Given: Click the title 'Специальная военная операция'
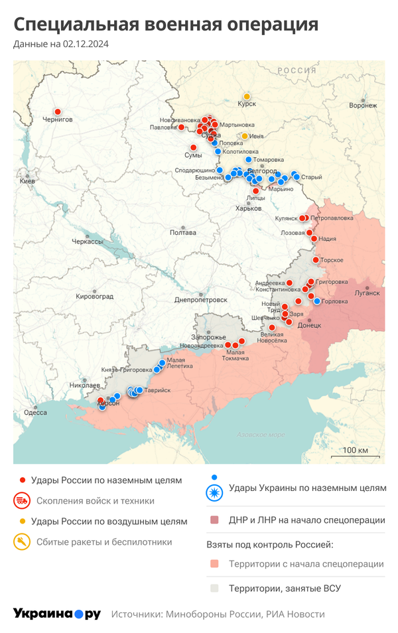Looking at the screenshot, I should coord(166,25).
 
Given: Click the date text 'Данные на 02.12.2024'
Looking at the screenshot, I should coord(61,44).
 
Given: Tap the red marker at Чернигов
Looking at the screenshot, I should coord(58,111).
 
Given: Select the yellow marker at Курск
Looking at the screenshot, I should coord(247,96).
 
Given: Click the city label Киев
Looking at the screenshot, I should coord(28,180).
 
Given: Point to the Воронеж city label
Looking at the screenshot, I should coord(362,105).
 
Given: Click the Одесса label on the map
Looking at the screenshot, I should coord(35,412).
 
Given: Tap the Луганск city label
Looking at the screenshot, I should coord(367,292).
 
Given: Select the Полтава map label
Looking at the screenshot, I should coord(183,233).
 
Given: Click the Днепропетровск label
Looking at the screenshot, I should coord(200,299).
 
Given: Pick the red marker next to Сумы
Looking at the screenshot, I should coord(194,147).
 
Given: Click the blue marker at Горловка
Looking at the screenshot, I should coord(317,301).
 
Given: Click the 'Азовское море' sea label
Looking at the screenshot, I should coord(261,435).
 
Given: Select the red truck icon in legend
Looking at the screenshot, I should coord(22,501).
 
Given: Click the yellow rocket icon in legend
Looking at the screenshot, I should coord(22,542).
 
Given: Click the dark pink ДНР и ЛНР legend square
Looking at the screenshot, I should coord(214,520).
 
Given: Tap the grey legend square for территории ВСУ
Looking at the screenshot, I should coord(214,588).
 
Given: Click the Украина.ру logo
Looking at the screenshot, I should coord(56,614).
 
